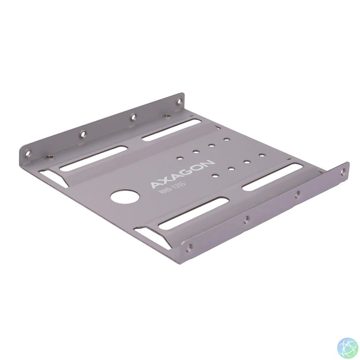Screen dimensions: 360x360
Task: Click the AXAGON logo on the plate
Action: coord(183,174)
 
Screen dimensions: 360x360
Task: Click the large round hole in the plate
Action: coord(125,196)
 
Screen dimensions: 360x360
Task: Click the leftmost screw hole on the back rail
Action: coord(28,152)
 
